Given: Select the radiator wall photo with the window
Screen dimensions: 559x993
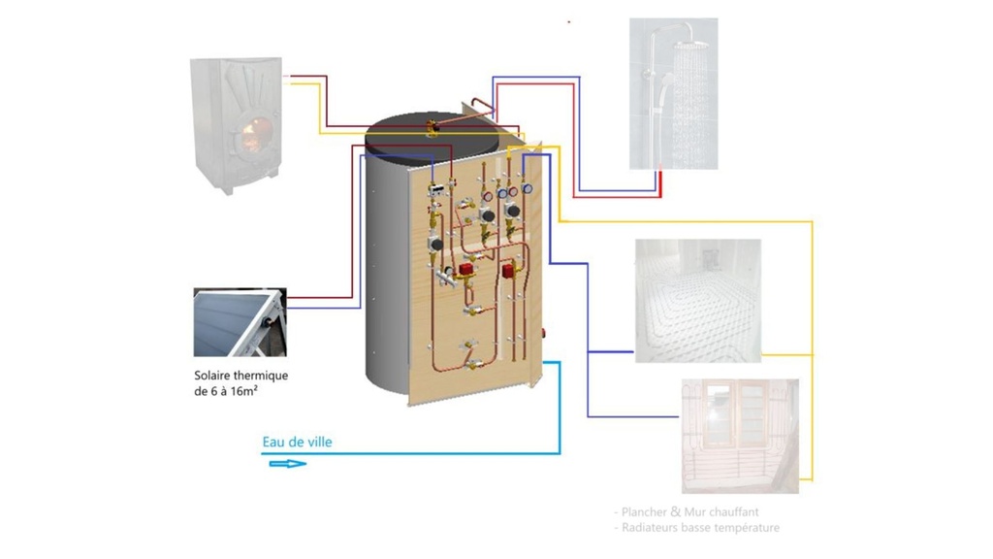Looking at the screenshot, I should (740, 435).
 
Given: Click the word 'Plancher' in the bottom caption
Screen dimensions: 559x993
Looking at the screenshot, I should (648, 511).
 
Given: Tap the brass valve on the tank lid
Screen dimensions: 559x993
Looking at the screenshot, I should (432, 125).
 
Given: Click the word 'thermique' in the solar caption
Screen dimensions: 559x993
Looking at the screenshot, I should (264, 376).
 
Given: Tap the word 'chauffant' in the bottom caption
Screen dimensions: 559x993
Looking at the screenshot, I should (733, 511).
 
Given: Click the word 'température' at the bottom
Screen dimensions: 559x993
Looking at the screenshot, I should (747, 528).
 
